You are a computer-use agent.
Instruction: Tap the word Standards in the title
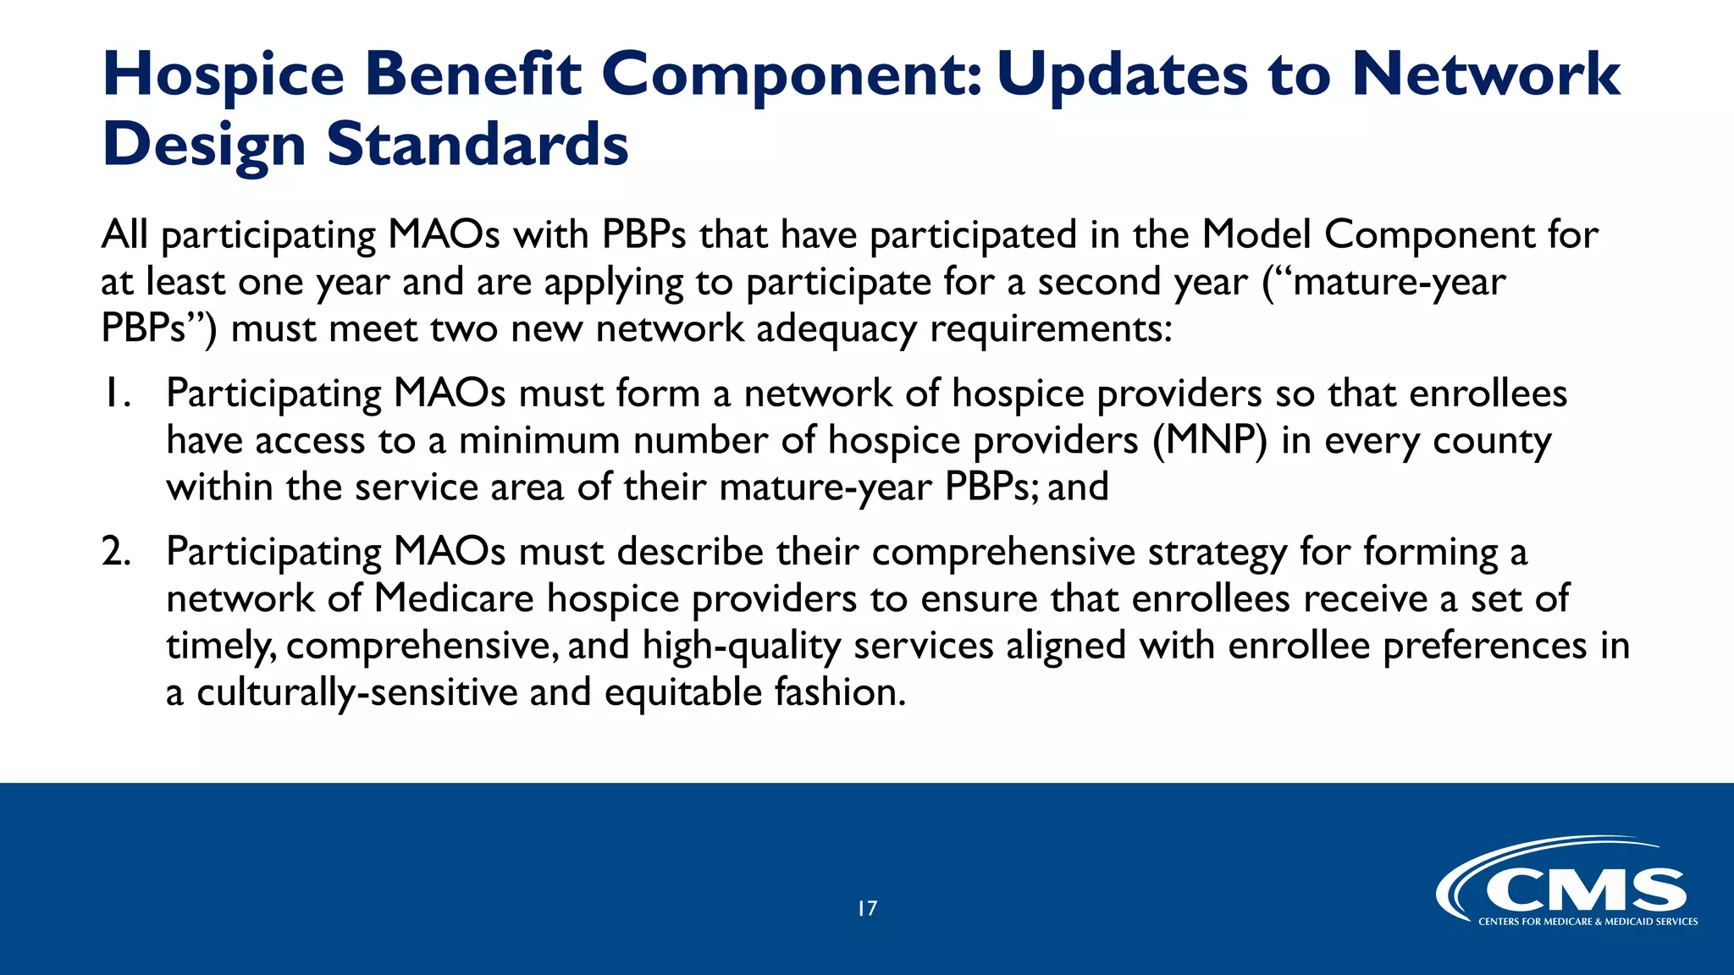pos(478,145)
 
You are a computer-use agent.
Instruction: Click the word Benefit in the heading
pos(473,74)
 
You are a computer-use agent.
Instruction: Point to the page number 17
pos(867,909)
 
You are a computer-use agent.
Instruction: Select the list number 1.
pos(116,394)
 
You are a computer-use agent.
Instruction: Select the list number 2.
pos(116,552)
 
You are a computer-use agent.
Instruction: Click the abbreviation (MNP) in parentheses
pos(1210,441)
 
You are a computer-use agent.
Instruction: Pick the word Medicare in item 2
pos(454,599)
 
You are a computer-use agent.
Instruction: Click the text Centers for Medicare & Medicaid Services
pos(1588,922)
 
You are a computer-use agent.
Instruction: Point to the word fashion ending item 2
pos(840,693)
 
